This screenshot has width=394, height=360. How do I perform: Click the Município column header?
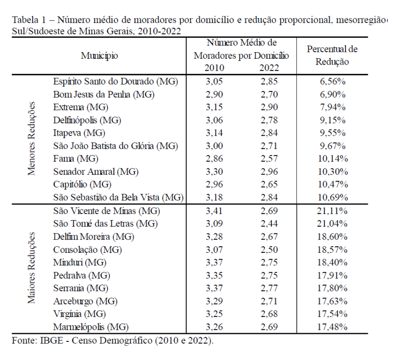point(99,55)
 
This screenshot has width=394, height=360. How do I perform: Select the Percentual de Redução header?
point(332,55)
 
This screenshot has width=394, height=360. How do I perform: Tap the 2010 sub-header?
point(214,68)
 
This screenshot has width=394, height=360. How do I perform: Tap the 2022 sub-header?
point(269,68)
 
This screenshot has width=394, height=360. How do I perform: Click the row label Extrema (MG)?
point(81,107)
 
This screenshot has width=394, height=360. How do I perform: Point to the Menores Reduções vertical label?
point(31,139)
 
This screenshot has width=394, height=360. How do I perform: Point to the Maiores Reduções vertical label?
point(31,268)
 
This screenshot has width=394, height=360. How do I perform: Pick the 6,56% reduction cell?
point(332,82)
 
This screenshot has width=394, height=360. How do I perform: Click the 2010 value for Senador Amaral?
point(214,171)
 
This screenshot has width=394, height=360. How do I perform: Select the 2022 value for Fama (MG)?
point(269,158)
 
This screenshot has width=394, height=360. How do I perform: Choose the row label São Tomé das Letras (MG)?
point(105,224)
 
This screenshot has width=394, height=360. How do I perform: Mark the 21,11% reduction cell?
point(332,211)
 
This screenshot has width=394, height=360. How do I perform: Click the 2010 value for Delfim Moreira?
point(214,237)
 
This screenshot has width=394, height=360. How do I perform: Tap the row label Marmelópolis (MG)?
point(91,327)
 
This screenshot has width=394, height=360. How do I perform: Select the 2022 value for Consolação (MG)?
point(269,250)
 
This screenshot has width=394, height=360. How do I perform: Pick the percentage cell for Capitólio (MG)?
point(333,185)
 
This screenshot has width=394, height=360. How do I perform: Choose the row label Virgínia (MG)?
point(80,314)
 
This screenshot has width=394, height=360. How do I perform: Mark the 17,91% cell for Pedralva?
point(332,276)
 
